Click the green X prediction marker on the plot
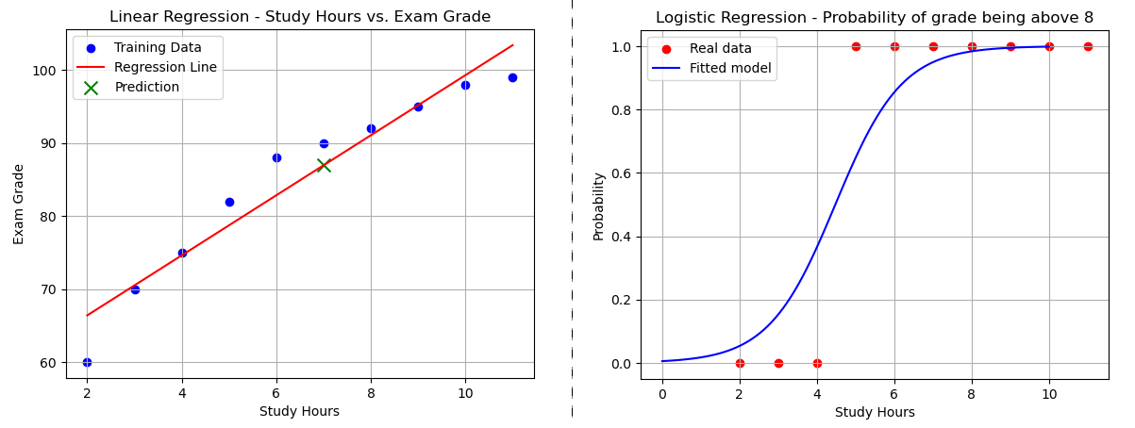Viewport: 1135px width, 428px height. (324, 165)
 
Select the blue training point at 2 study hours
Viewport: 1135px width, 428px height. (87, 362)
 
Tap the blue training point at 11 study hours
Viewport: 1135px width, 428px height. (512, 77)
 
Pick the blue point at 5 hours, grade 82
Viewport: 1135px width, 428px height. (229, 202)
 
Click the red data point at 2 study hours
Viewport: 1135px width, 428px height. (740, 363)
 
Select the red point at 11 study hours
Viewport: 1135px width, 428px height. (1088, 46)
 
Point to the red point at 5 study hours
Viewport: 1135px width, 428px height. (856, 46)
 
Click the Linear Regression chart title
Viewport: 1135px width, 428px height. (300, 17)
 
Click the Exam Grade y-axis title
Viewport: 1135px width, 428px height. (19, 204)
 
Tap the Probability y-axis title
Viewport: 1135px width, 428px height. (598, 206)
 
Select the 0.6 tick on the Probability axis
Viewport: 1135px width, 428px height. (621, 173)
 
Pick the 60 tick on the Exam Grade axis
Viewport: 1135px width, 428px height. (47, 363)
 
